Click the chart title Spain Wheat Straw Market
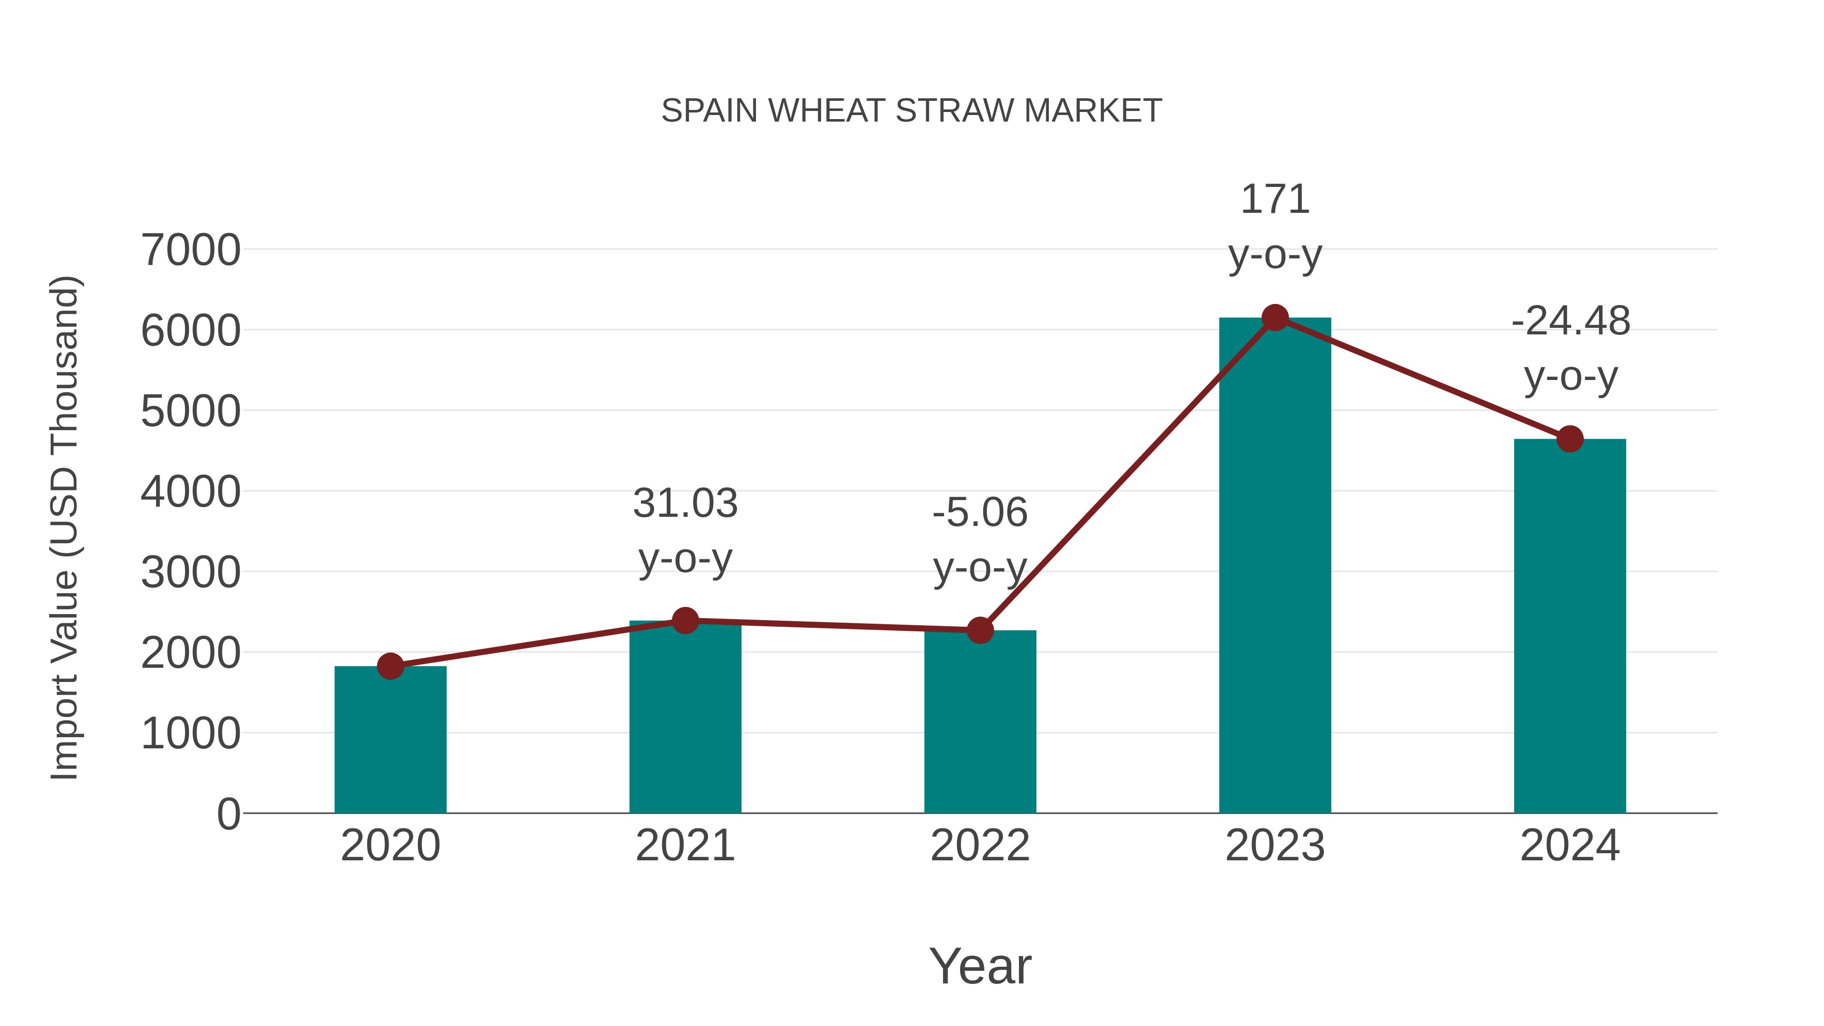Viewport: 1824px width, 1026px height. [x=911, y=111]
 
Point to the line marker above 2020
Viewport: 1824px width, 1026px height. [x=390, y=666]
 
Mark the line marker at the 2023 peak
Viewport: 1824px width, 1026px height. [x=1275, y=318]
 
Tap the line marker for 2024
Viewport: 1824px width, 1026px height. [x=1569, y=439]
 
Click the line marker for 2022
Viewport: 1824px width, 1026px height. [x=979, y=630]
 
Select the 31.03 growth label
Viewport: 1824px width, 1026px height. [x=685, y=504]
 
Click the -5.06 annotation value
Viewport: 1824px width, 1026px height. [x=979, y=513]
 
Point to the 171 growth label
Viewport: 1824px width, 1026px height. [x=1275, y=200]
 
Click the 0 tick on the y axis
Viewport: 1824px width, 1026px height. [x=228, y=814]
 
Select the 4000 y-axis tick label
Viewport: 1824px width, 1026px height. [x=191, y=492]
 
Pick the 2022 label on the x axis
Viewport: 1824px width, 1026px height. [x=979, y=846]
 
